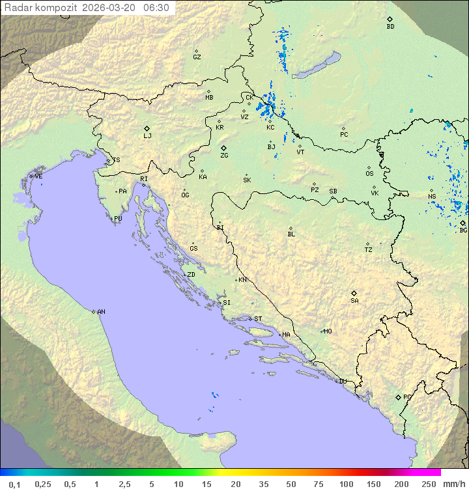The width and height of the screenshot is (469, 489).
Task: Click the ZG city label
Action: point(224,156)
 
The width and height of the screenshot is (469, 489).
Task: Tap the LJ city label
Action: point(147,136)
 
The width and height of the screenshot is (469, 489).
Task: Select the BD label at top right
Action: point(390,27)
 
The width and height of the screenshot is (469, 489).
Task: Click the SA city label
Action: point(354,301)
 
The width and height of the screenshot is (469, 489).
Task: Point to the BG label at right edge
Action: point(463,230)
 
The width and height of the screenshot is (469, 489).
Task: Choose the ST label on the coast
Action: point(258,319)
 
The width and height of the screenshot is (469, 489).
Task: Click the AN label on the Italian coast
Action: point(101,312)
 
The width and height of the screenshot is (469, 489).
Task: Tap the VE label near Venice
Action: point(38,176)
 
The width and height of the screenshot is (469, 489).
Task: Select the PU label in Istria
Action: point(118,219)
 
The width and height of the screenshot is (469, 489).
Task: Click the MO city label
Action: point(328,331)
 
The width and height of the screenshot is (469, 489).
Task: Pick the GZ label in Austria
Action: point(197,57)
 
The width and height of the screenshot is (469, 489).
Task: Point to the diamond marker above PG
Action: point(398,397)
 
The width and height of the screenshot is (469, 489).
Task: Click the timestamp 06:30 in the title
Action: point(156,8)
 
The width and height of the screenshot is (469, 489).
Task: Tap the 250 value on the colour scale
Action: point(429,484)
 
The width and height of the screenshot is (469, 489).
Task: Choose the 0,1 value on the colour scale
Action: point(14,484)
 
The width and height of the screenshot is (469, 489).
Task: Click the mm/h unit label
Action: point(452,484)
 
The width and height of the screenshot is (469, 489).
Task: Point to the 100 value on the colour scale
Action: point(346,484)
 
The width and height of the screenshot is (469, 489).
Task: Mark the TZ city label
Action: point(369,249)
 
